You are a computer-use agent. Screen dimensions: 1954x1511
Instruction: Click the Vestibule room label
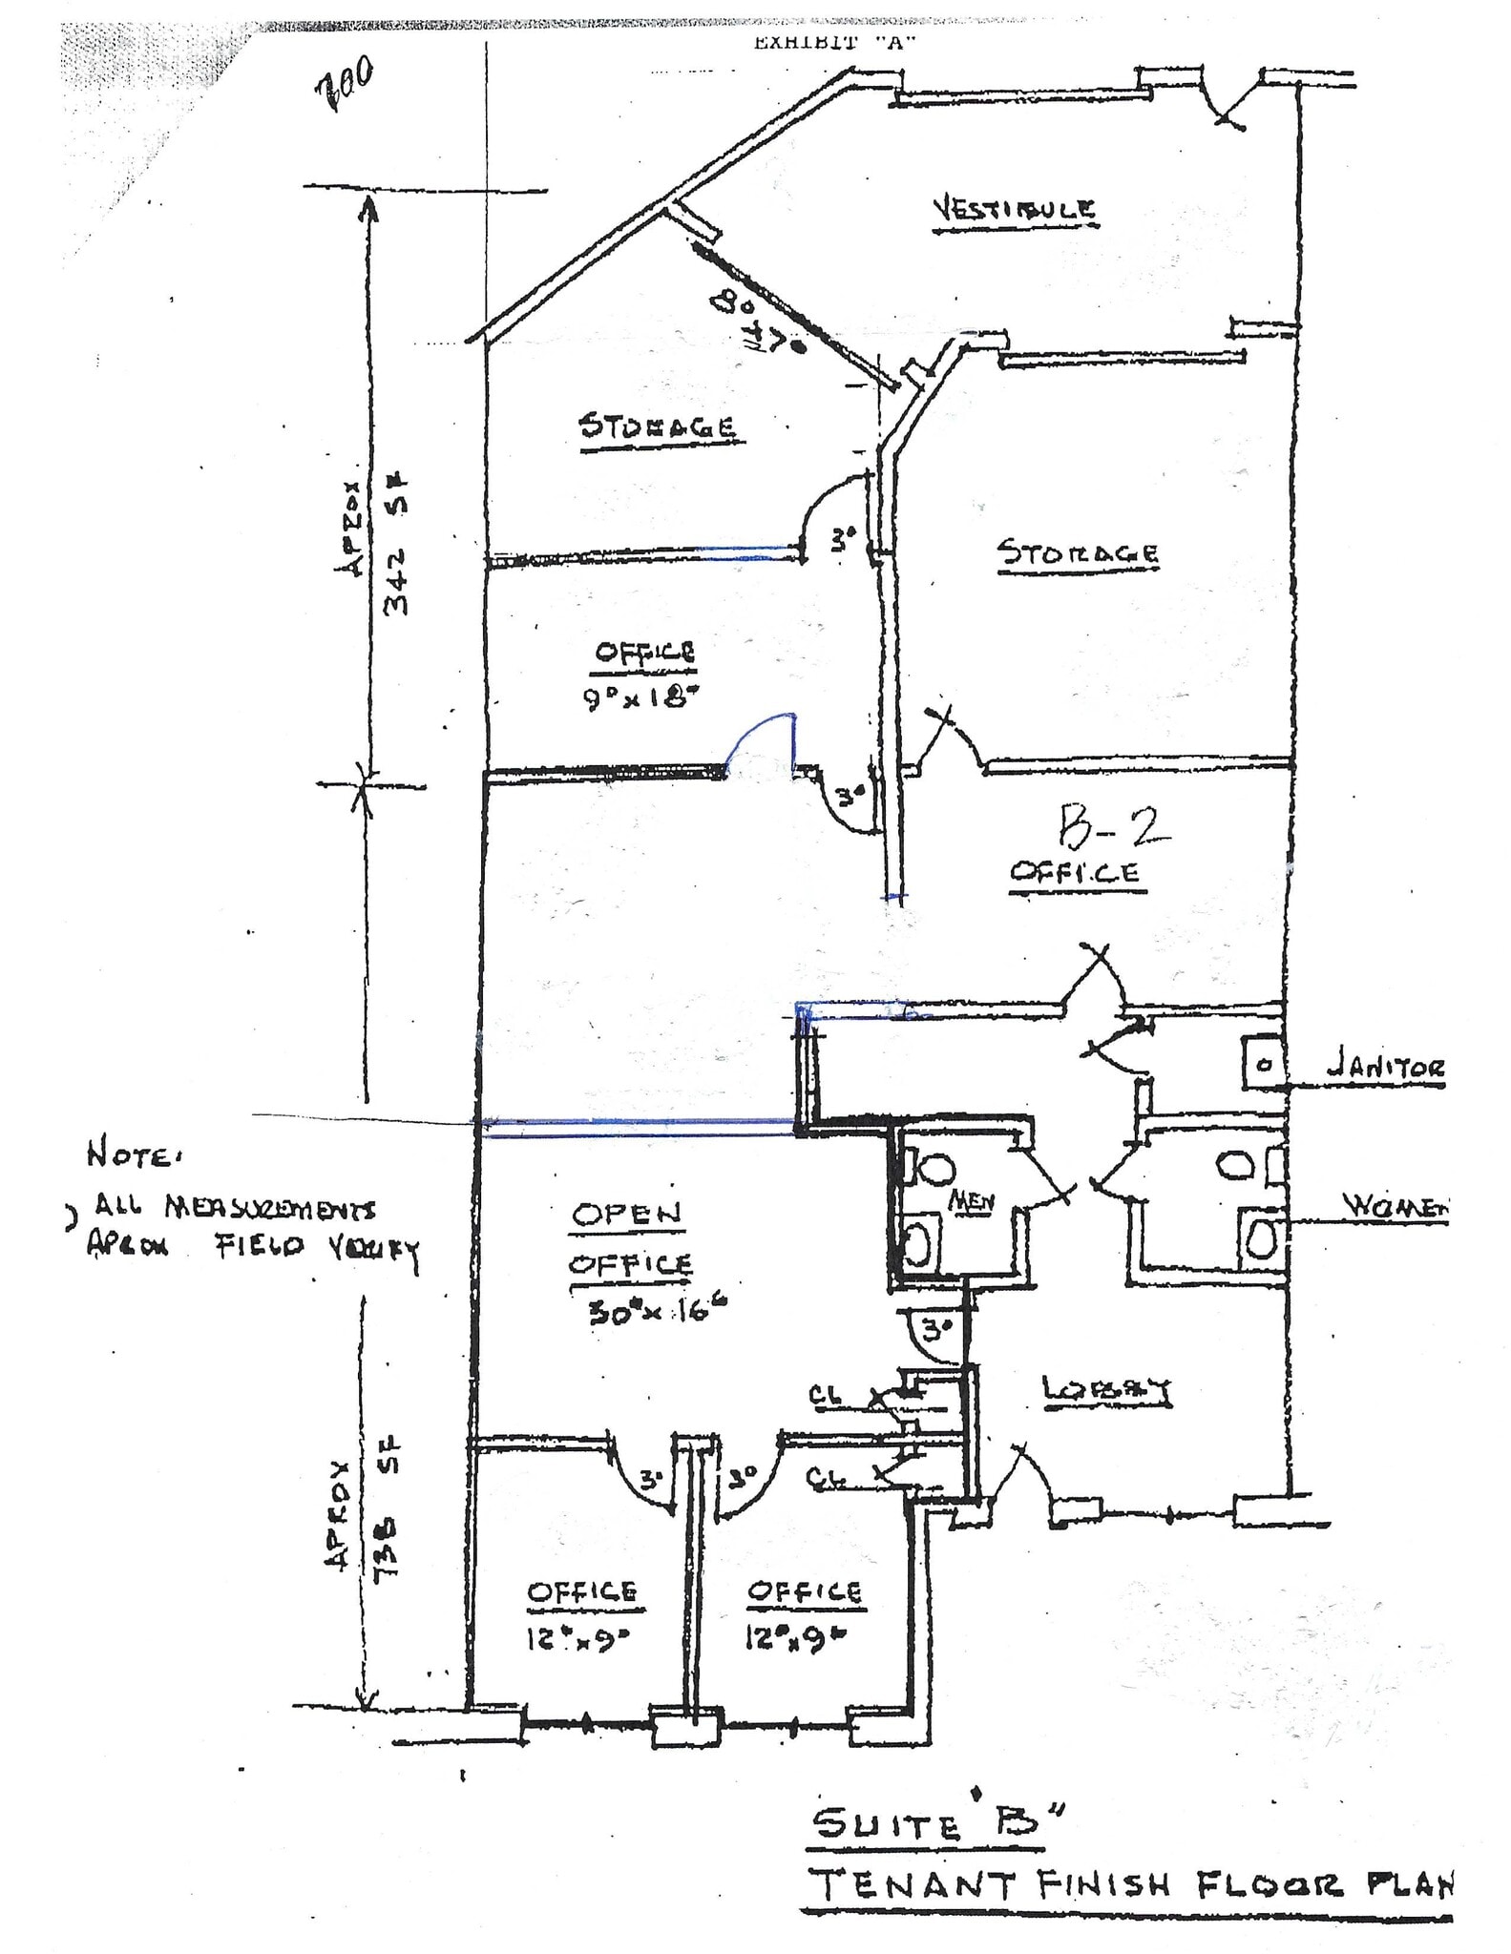click(1014, 209)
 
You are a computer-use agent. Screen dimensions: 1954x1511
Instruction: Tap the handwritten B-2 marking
click(1112, 827)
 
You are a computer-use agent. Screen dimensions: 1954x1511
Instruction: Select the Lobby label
click(1106, 1392)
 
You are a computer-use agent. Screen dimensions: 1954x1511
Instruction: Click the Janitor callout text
click(1386, 1069)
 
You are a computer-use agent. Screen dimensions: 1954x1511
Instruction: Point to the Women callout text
click(1395, 1206)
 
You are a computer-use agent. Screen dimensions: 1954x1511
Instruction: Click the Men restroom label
click(971, 1203)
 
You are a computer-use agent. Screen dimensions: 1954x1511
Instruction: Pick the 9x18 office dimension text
click(636, 698)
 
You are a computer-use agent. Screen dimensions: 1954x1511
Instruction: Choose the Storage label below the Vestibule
click(1078, 552)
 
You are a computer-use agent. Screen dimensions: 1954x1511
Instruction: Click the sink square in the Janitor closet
click(1263, 1064)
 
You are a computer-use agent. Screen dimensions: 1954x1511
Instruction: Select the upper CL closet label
click(825, 1396)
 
